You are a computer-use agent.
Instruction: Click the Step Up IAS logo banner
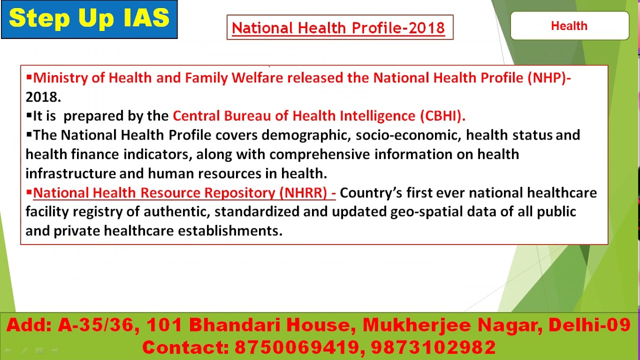(x=89, y=19)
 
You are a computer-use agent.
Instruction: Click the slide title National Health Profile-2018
(x=338, y=27)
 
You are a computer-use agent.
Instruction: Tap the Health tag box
(x=569, y=26)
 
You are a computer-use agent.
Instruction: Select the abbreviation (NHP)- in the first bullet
(x=548, y=78)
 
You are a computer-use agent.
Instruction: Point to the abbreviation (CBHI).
(x=442, y=116)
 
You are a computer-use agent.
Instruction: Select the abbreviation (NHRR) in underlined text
(x=303, y=192)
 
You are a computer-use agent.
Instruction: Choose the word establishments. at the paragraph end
(x=230, y=230)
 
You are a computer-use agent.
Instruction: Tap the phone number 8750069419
(x=299, y=347)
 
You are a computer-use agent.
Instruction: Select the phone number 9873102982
(x=433, y=347)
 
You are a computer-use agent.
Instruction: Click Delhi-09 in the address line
(x=589, y=325)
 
